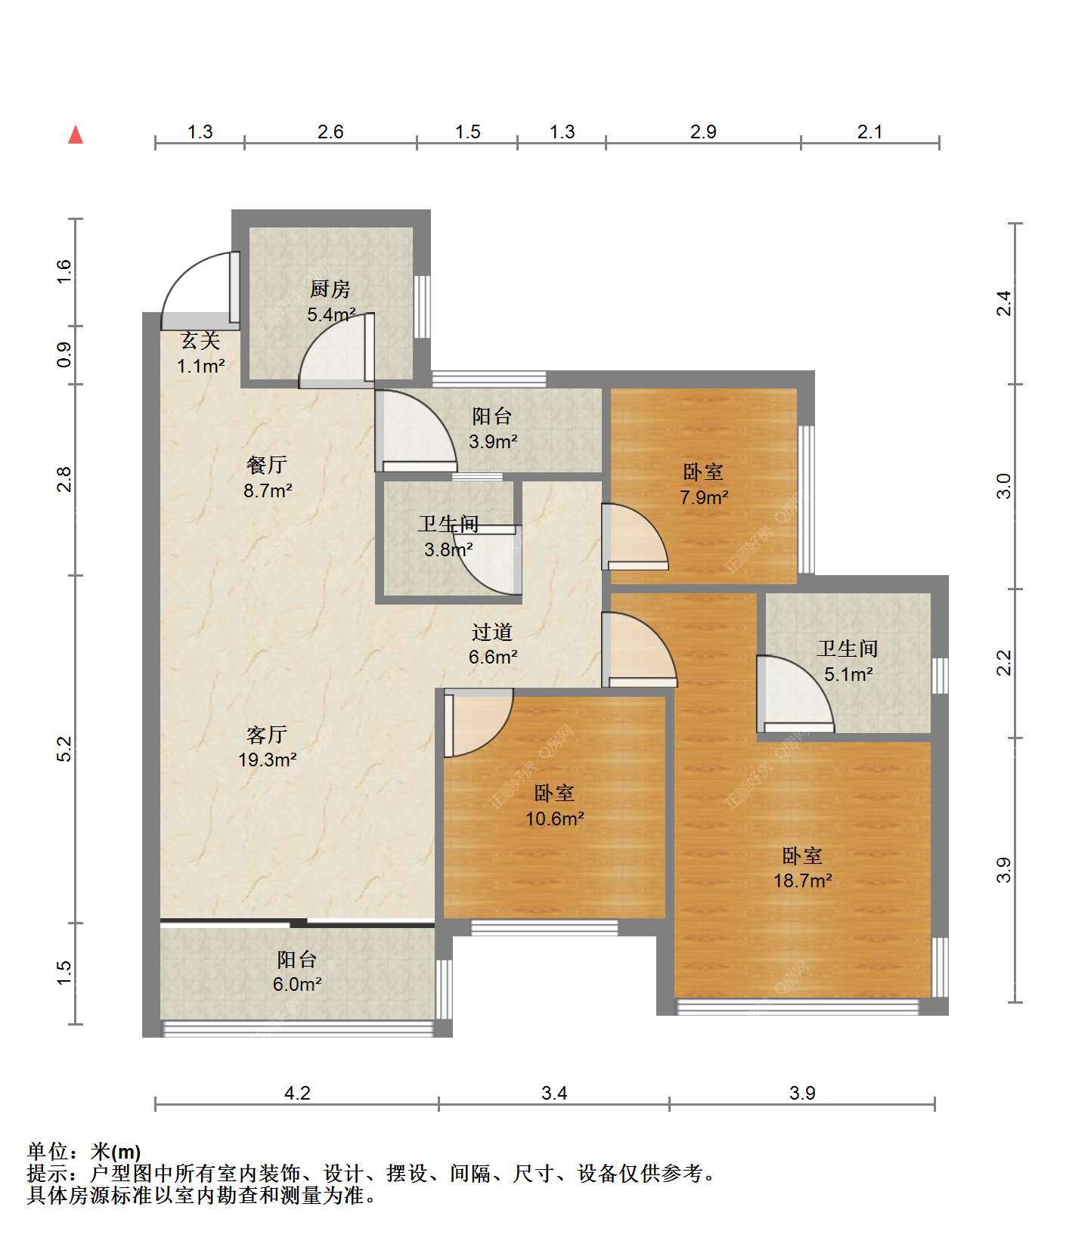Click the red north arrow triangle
(x=76, y=135)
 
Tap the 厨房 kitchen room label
(x=330, y=289)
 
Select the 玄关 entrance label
(x=200, y=342)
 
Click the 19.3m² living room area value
(x=268, y=760)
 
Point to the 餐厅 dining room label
(x=267, y=464)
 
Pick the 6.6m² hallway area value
(x=493, y=657)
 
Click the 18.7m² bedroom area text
(x=803, y=880)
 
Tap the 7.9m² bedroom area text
(x=704, y=497)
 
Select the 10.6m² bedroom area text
(x=555, y=818)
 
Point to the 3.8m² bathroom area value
(x=449, y=549)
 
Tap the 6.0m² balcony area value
(x=298, y=984)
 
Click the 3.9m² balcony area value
(x=493, y=441)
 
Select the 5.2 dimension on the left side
(x=65, y=748)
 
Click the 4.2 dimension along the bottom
(x=296, y=1093)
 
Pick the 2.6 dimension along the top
(x=330, y=132)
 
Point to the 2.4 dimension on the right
(x=1003, y=304)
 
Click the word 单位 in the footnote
(x=48, y=1152)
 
